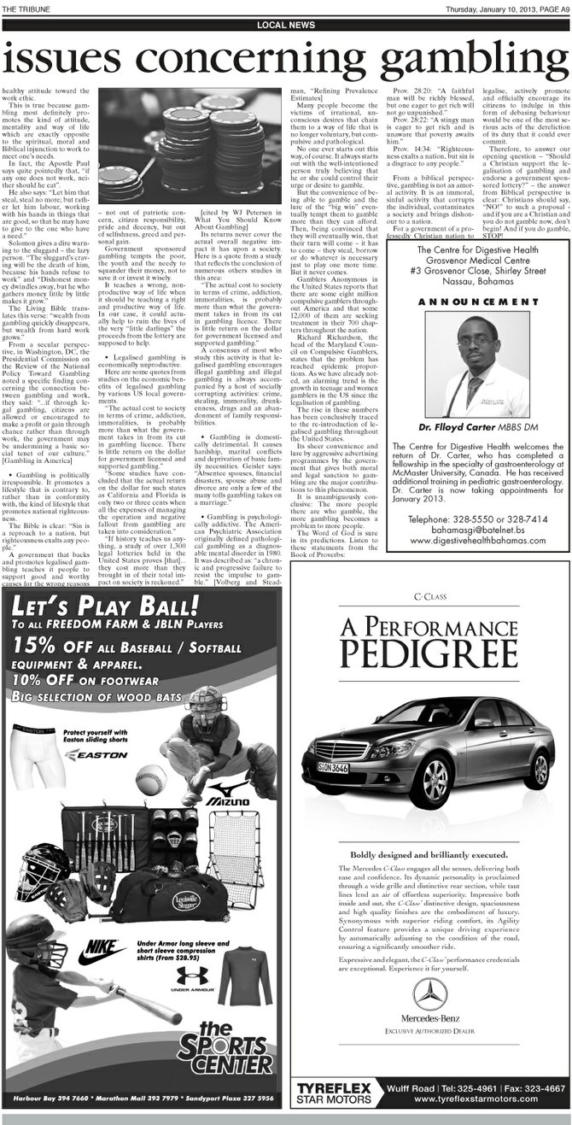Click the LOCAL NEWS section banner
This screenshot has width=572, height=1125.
coord(286,26)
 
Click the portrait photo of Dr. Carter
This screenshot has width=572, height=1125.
coord(477,354)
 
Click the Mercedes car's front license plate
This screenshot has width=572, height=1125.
coord(334,767)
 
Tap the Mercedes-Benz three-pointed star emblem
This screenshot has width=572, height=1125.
coord(429,996)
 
